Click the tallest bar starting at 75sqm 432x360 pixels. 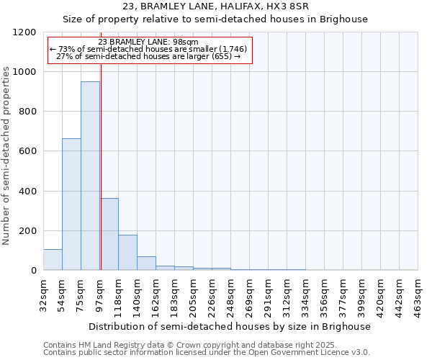(x=90, y=176)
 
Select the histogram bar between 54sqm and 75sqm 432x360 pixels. (x=71, y=204)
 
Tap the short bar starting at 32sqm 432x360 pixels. (x=53, y=260)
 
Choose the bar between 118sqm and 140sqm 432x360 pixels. (x=127, y=253)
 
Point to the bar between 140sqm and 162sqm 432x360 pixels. (x=146, y=264)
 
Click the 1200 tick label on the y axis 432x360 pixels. (x=24, y=32)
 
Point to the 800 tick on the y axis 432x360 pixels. (x=27, y=112)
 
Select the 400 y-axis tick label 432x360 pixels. (x=27, y=192)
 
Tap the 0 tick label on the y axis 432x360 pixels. (x=33, y=271)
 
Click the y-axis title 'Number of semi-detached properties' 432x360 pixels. (x=6, y=151)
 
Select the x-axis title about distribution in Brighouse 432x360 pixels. (x=230, y=326)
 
